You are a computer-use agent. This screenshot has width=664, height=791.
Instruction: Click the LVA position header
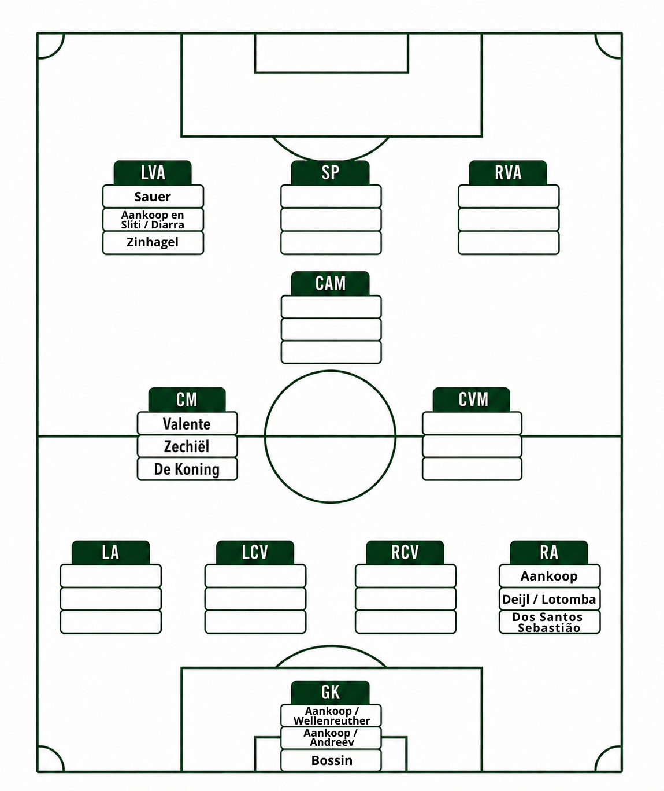tap(153, 173)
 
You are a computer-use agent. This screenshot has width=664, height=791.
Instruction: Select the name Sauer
tap(153, 197)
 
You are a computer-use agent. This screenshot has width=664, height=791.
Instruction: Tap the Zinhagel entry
tap(153, 242)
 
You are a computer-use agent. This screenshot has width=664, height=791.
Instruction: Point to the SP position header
tap(330, 173)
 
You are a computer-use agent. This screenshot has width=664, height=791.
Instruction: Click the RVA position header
tap(507, 173)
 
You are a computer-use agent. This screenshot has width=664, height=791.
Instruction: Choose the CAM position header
tap(330, 283)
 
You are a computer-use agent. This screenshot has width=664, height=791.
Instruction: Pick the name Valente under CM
tap(187, 424)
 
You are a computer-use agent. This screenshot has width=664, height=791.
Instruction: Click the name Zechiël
tap(187, 446)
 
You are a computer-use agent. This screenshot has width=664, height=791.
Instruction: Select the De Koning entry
tap(187, 470)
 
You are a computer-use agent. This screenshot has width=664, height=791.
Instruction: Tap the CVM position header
tap(472, 400)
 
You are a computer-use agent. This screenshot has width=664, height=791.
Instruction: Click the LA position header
tap(110, 553)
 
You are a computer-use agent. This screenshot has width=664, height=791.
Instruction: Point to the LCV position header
tap(255, 553)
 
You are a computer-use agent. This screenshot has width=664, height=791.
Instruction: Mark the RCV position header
tap(405, 553)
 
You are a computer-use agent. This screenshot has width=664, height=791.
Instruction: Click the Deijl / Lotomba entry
tap(549, 599)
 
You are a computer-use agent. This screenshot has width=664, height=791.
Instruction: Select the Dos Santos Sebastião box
tap(550, 622)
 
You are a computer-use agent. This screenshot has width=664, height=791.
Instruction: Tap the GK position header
tap(330, 693)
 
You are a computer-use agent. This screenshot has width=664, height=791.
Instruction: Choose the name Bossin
tap(332, 761)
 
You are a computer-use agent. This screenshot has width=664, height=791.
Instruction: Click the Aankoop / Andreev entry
tap(331, 738)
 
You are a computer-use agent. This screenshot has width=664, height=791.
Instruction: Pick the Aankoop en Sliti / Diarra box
tap(153, 220)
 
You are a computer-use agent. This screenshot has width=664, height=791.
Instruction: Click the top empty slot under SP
tap(331, 196)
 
